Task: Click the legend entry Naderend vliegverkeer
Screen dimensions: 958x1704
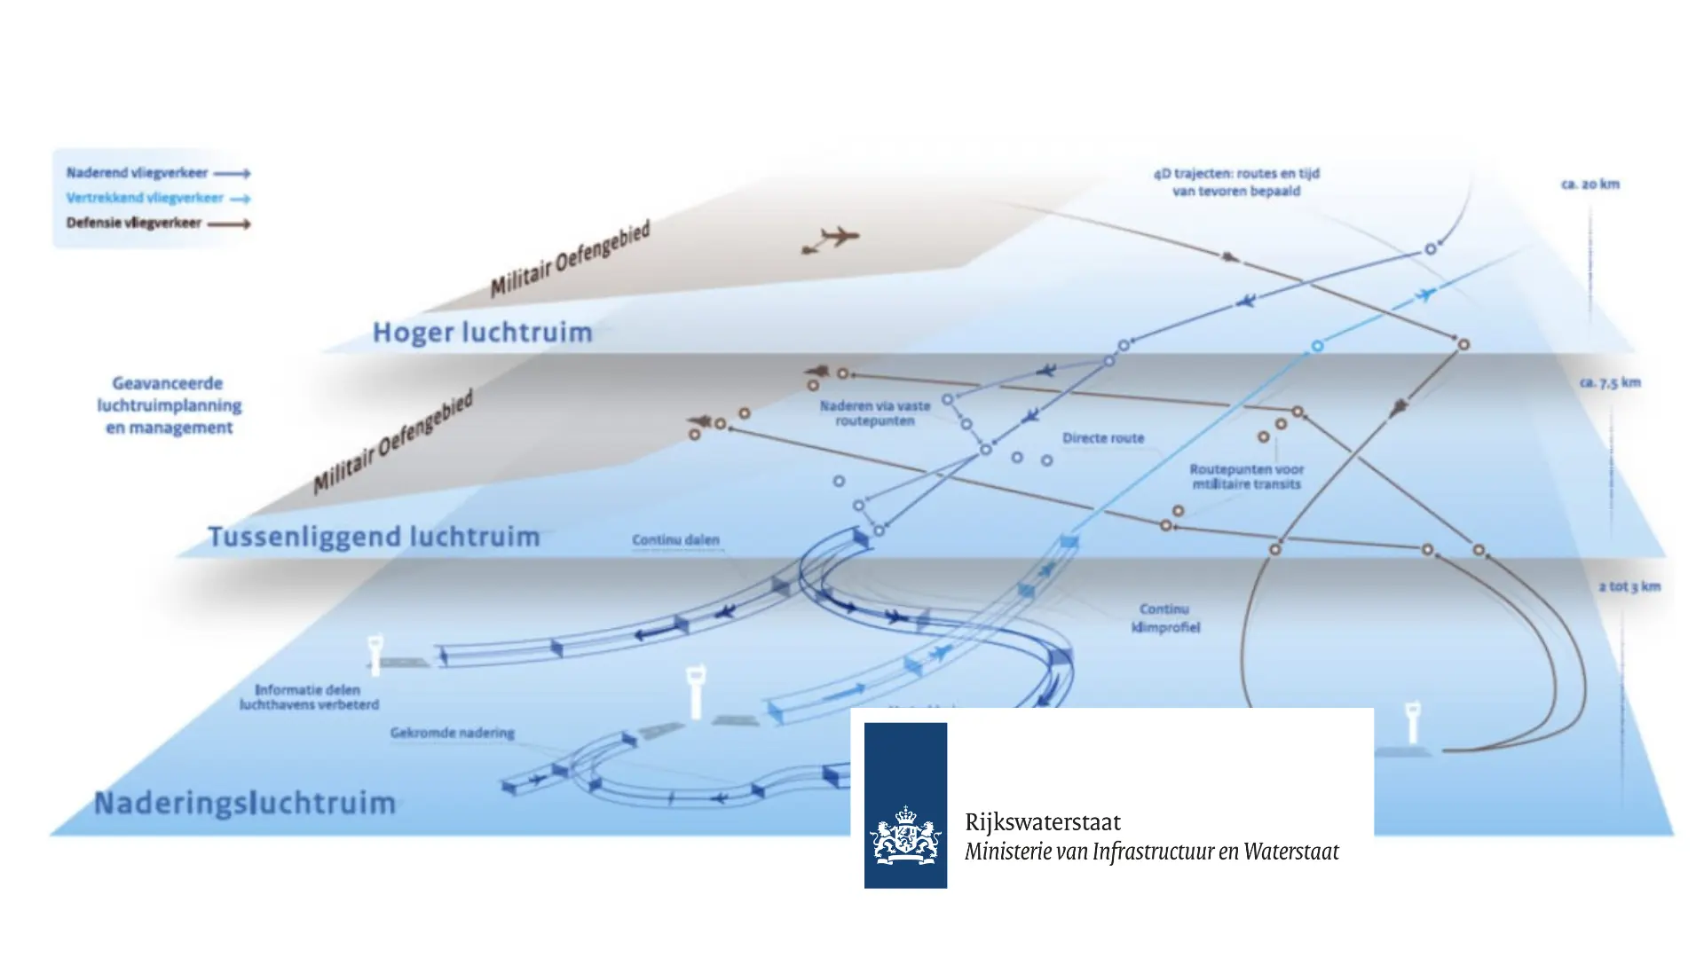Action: [x=138, y=173]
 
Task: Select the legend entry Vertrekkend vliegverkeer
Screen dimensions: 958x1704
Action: [x=145, y=198]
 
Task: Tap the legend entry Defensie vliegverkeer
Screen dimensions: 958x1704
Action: [x=134, y=223]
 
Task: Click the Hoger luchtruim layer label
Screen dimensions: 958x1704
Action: [x=482, y=333]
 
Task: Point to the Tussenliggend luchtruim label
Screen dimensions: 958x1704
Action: [x=374, y=537]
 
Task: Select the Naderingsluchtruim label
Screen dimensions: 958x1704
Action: [x=245, y=803]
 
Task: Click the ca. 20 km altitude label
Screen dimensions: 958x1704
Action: [x=1590, y=185]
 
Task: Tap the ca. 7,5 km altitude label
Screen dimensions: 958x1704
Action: [x=1610, y=382]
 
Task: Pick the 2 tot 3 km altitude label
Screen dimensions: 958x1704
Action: [x=1629, y=586]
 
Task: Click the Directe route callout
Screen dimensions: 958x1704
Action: [x=1103, y=438]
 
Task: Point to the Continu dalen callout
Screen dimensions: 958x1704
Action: [x=675, y=539]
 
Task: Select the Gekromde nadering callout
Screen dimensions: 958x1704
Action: [x=452, y=733]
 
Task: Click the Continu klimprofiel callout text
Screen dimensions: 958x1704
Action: [x=1164, y=618]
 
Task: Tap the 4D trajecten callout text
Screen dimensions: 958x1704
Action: [x=1236, y=182]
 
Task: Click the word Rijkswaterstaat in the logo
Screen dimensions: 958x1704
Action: [x=1043, y=821]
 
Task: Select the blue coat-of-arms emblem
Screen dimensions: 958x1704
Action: [x=905, y=805]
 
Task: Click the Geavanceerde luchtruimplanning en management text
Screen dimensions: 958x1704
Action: [x=170, y=405]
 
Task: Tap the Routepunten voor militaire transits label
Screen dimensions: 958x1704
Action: [x=1246, y=476]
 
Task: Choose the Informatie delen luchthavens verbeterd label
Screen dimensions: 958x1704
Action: [x=308, y=696]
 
